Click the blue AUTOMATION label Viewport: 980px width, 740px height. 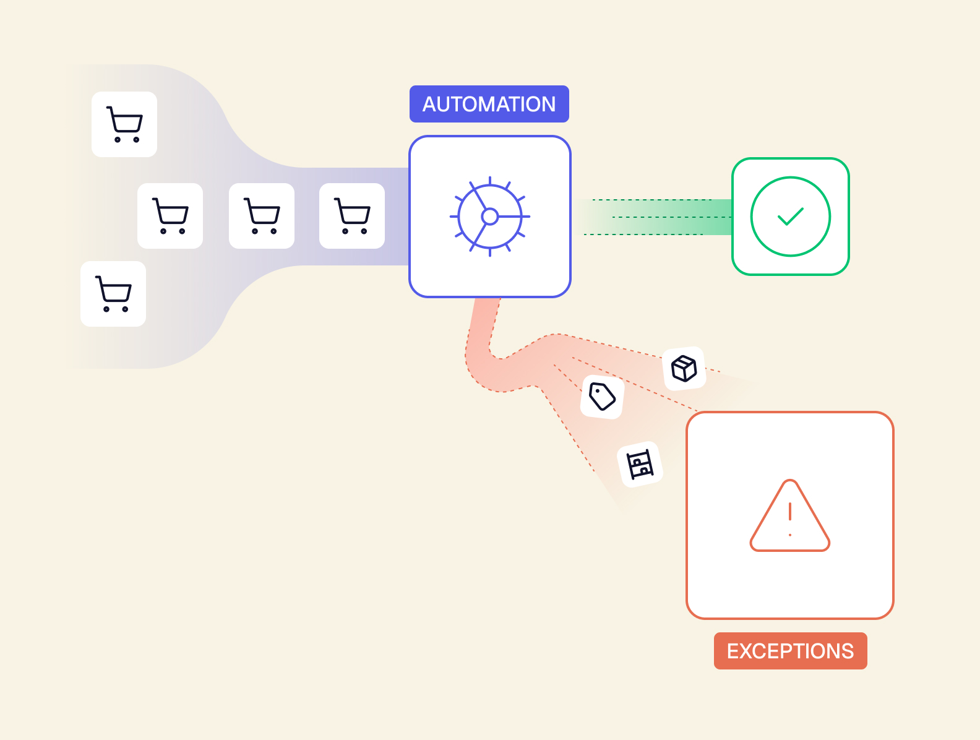[x=489, y=104]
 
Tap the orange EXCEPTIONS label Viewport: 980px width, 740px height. [x=790, y=651]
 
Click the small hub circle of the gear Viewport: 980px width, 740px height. [x=490, y=217]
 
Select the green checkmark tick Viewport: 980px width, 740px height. [x=791, y=217]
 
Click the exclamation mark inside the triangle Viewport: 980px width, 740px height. [x=790, y=512]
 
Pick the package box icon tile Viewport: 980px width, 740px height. [x=684, y=369]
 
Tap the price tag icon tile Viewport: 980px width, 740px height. [x=602, y=397]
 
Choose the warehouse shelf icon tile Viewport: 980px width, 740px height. [x=640, y=465]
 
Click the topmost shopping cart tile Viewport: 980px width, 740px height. [x=124, y=124]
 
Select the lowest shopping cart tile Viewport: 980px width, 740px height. [x=113, y=294]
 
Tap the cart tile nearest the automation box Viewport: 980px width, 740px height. [x=352, y=215]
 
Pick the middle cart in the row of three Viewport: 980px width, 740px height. [x=262, y=215]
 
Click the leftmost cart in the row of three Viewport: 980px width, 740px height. [x=170, y=215]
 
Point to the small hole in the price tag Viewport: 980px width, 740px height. [x=598, y=392]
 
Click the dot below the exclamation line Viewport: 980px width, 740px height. [x=790, y=535]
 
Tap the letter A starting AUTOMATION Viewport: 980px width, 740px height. [x=429, y=105]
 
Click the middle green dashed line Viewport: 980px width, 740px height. [x=672, y=217]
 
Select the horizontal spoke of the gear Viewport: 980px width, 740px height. [x=514, y=217]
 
